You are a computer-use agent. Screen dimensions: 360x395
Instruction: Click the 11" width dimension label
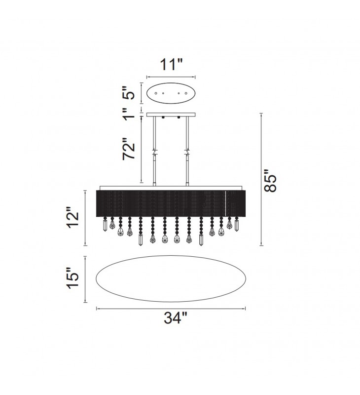click(171, 65)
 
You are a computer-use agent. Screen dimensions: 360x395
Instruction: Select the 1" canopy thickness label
click(129, 114)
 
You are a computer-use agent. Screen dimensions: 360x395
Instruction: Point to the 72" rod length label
click(129, 149)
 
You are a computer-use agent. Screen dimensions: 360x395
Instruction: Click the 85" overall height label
click(270, 181)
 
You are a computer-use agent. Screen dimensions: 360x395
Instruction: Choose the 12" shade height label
click(72, 217)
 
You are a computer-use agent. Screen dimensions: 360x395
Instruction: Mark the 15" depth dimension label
click(72, 278)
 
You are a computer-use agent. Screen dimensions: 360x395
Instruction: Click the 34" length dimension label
click(176, 318)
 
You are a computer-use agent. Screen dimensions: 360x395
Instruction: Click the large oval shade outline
click(171, 256)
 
